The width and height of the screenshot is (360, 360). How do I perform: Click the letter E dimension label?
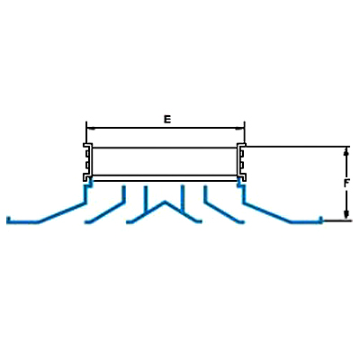pos(167,119)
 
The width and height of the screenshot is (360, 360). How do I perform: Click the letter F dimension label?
pos(346,183)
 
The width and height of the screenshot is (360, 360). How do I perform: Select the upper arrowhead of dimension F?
pos(346,151)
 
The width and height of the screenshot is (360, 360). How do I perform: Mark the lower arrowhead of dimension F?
pos(346,215)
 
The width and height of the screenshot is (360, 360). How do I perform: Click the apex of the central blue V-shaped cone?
pos(164,202)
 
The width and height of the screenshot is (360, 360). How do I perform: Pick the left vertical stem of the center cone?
pos(146,201)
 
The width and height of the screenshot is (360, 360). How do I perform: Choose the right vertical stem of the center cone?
pos(182,199)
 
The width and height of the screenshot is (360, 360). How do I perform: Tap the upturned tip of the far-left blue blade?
pos(8,220)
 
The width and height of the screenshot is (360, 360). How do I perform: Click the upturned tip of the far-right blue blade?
pos(321,220)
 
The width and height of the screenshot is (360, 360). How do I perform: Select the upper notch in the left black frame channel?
pos(87,154)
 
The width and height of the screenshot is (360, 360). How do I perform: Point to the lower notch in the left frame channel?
pos(87,165)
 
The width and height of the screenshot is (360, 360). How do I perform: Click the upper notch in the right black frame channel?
pos(242,154)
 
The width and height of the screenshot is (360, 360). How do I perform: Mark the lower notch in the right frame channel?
pos(242,165)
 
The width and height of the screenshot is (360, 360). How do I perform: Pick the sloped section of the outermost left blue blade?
pos(61,212)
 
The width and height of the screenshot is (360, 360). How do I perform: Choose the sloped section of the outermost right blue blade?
pos(267,212)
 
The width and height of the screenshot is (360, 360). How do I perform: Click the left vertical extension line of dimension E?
pos(86,132)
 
